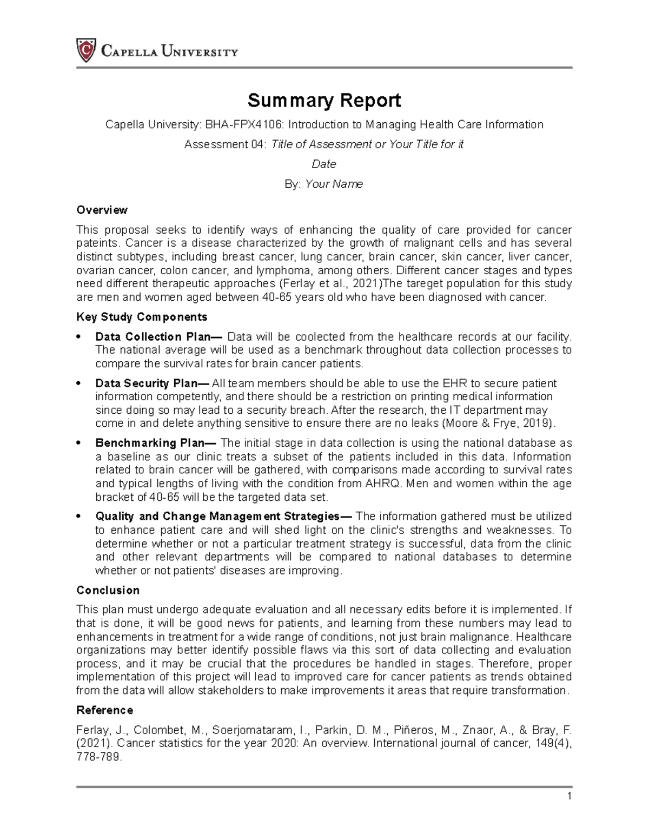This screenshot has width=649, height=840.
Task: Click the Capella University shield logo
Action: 86,51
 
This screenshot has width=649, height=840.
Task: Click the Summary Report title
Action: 324,101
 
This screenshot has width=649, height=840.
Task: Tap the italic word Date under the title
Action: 324,164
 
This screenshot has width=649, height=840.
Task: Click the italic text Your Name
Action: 334,184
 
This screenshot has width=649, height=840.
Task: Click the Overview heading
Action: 102,210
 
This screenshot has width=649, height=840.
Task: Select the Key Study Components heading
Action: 142,317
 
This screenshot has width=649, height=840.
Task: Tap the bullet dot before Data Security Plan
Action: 79,383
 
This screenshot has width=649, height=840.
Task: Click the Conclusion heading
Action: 108,590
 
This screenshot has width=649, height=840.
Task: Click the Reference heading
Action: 104,710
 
